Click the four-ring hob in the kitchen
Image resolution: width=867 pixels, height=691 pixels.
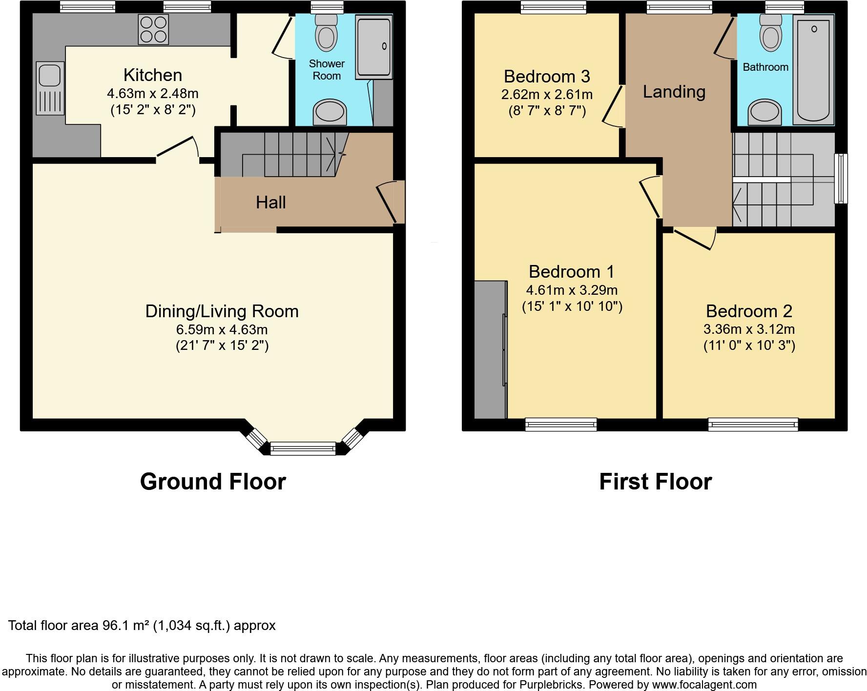153,29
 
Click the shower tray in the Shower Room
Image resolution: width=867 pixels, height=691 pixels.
374,47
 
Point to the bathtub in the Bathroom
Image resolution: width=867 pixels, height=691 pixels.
813,69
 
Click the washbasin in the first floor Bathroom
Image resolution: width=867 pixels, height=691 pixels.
765,112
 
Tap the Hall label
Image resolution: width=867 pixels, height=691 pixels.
270,203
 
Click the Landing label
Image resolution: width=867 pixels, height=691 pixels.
674,92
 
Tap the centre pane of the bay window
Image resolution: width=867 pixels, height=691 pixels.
303,448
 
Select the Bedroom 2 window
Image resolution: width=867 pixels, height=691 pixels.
753,425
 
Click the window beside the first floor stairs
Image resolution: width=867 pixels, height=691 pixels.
841,178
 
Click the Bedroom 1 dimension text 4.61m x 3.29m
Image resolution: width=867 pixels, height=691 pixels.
572,290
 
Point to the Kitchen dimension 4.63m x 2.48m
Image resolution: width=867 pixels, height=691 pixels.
152,93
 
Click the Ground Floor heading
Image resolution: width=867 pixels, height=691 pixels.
213,482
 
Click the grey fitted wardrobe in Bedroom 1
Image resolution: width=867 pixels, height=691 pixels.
490,349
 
